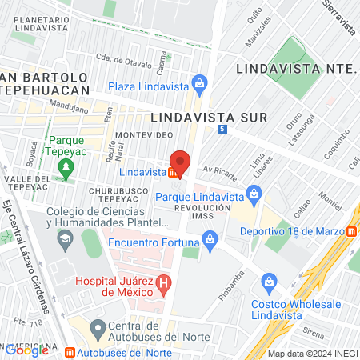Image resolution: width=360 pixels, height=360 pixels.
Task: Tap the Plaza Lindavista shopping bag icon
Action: (200, 84)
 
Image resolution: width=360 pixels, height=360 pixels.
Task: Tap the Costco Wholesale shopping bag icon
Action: (270, 281)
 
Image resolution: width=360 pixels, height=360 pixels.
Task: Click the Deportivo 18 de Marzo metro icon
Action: (352, 231)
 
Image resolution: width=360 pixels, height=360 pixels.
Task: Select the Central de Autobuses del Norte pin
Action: (98, 328)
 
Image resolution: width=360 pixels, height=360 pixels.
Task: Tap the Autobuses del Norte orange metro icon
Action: (70, 352)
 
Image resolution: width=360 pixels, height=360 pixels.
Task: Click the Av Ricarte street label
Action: (216, 170)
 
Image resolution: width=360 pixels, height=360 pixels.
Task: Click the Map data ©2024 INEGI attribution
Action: (312, 354)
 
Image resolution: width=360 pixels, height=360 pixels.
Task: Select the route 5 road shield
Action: (221, 129)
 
